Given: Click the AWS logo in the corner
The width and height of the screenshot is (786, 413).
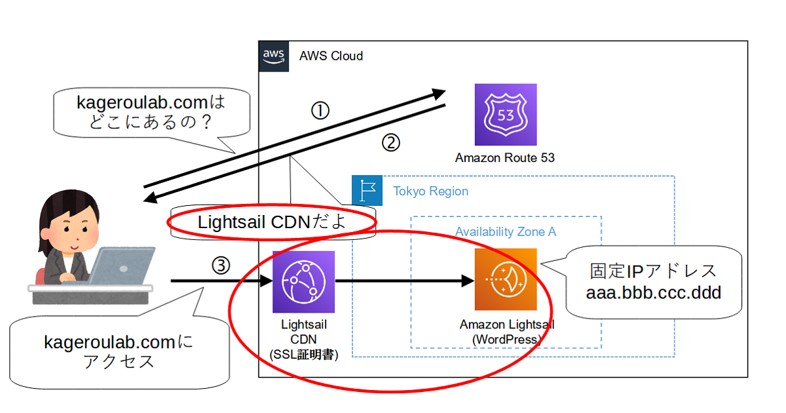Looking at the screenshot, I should pyautogui.click(x=274, y=55).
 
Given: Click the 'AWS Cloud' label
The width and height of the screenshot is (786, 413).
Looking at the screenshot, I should pyautogui.click(x=331, y=56).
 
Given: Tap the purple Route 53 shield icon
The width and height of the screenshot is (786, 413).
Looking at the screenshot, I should pyautogui.click(x=505, y=115).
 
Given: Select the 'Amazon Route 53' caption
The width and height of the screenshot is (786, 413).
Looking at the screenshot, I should pyautogui.click(x=505, y=158).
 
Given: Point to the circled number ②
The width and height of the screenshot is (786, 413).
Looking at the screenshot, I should pyautogui.click(x=390, y=143).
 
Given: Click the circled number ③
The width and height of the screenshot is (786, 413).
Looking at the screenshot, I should pyautogui.click(x=221, y=265).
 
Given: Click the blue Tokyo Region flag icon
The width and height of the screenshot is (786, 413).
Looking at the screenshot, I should pyautogui.click(x=367, y=191).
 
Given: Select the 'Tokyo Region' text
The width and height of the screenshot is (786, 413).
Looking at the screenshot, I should pyautogui.click(x=430, y=191).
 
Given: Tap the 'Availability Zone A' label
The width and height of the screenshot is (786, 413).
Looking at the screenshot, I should pyautogui.click(x=506, y=232).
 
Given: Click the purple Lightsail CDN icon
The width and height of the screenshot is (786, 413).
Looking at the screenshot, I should pyautogui.click(x=303, y=282).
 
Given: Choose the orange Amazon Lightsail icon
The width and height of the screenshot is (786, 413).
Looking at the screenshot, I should pyautogui.click(x=506, y=279).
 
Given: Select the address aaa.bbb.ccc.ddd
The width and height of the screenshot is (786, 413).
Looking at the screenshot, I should pyautogui.click(x=653, y=292).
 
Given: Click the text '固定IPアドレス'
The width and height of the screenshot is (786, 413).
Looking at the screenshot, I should pyautogui.click(x=653, y=270).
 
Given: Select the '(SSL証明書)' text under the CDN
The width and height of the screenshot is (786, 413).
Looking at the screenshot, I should pyautogui.click(x=303, y=354).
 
